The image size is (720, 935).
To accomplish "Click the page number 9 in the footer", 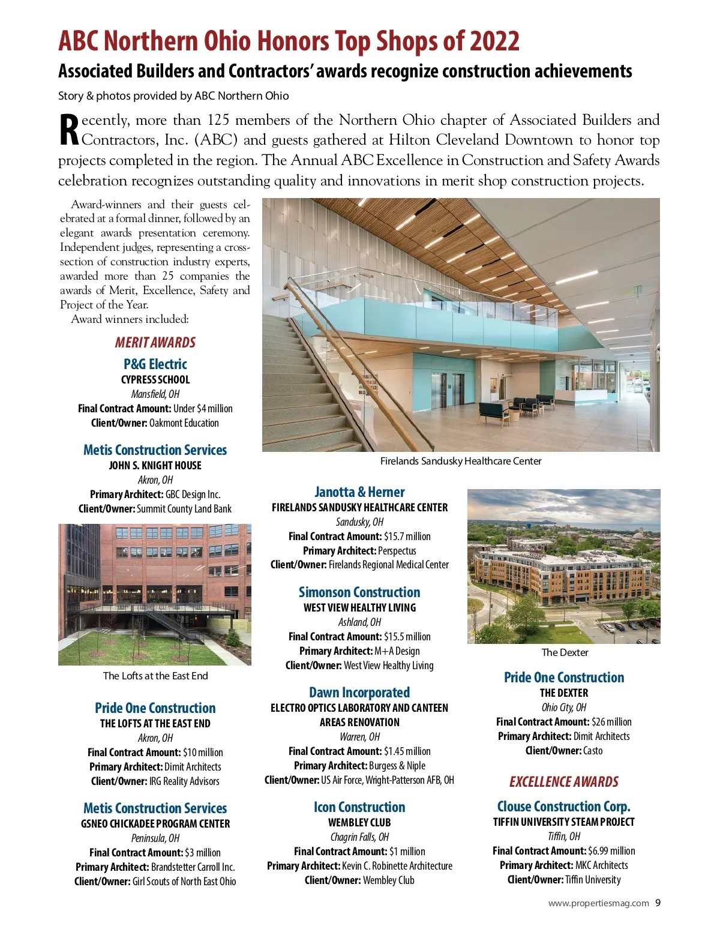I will point(658,903).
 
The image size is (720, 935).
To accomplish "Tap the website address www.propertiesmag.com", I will point(598,903).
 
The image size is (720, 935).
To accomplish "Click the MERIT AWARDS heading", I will point(155,342).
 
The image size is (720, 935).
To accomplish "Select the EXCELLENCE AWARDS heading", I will point(563,781).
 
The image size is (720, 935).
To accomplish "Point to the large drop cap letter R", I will point(69,130).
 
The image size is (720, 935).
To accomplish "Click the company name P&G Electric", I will point(155,364).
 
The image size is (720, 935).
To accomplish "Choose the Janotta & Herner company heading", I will point(359,492).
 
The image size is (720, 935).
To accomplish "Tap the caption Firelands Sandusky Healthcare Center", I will point(461,461).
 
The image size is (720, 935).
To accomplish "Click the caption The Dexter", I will point(565,652).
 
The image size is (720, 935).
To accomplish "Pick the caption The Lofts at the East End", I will point(155,676).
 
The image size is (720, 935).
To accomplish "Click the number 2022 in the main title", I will point(494,41).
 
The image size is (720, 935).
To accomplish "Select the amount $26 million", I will point(611,721).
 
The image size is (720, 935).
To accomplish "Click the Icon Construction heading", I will point(359,807).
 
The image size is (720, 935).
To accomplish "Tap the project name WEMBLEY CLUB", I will point(359,822).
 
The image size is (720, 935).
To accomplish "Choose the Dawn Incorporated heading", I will point(359,692).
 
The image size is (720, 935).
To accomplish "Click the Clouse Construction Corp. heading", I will point(563,806).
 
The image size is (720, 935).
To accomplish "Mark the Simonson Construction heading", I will point(359,592).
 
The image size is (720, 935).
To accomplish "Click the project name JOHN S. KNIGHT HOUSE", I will point(155,465).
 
